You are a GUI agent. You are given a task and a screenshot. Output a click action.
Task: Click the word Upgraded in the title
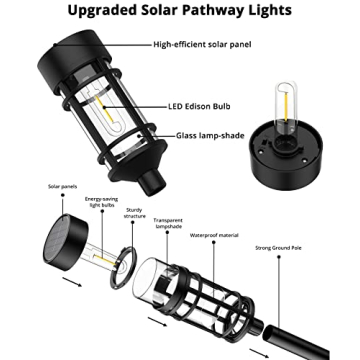click(106, 12)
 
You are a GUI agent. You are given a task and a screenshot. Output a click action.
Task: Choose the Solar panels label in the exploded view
click(33, 187)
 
